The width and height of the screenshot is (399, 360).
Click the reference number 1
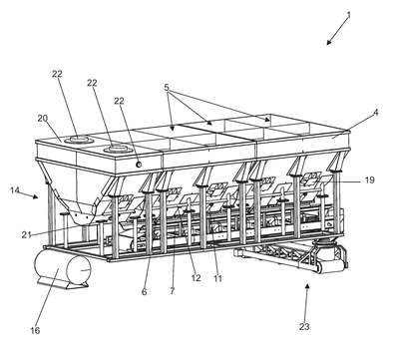349,15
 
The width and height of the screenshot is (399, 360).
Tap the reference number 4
376,113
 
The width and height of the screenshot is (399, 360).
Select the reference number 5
167,88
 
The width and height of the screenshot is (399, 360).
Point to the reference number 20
42,118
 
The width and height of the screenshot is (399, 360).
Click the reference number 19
369,180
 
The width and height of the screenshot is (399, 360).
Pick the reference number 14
15,190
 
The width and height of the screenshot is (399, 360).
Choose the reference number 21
26,235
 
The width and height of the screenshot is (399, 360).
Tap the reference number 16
35,330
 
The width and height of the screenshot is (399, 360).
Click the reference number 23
304,327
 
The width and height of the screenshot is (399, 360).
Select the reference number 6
144,292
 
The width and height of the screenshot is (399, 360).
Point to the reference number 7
172,291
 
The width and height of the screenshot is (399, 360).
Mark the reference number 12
197,278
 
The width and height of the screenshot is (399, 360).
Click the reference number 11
217,278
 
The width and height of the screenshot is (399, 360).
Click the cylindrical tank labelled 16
63,269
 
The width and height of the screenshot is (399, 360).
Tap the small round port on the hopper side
139,165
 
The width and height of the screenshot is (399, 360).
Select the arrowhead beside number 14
35,196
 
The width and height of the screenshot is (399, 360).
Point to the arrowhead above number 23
307,286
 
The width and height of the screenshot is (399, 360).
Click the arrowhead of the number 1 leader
329,42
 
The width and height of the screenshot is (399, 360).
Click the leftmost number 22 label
57,74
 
